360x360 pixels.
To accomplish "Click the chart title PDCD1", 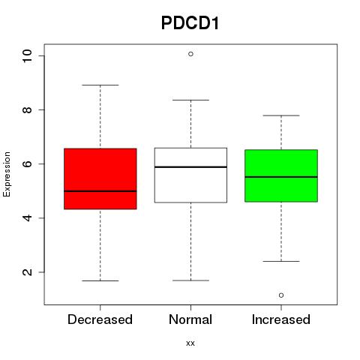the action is [x=190, y=23].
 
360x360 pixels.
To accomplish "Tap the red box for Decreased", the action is [x=100, y=178].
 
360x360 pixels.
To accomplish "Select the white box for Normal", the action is [x=190, y=175].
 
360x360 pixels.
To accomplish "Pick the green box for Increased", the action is [x=281, y=175].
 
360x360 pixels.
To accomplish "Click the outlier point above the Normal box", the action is [x=190, y=54].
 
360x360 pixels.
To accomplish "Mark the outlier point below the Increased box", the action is [x=281, y=295].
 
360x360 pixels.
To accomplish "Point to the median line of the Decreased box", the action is [x=100, y=191].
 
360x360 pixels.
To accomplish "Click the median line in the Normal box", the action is [x=190, y=166].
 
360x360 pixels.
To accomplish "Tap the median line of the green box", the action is [x=281, y=177].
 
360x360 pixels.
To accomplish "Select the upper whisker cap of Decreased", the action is [x=100, y=85].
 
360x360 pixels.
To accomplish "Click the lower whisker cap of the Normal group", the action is [x=190, y=280].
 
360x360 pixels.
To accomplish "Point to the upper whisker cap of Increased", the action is [x=281, y=115].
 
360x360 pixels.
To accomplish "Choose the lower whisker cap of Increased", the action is [x=281, y=261].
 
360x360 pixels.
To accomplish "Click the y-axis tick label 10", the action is [x=27, y=55].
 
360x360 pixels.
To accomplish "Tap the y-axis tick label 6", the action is [x=27, y=163].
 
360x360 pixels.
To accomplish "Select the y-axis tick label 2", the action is [x=27, y=272].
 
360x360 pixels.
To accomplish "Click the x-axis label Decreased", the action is [x=100, y=319].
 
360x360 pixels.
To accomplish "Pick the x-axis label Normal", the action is [x=190, y=319].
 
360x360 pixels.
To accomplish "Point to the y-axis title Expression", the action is [x=7, y=174].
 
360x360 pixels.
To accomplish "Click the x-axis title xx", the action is [x=190, y=343].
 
